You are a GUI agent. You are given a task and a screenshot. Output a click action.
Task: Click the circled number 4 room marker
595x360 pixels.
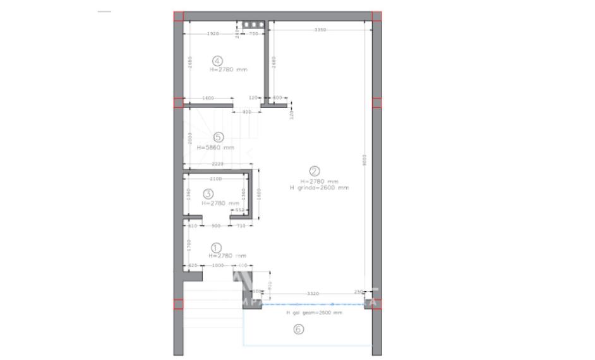point(217,61)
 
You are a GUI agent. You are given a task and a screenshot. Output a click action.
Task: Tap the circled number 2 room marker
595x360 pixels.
point(315,171)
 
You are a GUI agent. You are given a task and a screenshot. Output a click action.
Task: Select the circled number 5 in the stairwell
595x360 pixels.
point(217,137)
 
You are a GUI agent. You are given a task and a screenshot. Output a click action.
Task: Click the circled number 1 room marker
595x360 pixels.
point(215,248)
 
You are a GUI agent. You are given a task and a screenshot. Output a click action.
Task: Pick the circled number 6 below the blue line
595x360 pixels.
point(299,328)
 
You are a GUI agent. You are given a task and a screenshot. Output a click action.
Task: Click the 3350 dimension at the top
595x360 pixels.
point(320,30)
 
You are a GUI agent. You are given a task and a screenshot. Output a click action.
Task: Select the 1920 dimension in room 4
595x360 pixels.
point(213,33)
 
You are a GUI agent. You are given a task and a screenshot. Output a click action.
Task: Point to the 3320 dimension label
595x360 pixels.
point(312,294)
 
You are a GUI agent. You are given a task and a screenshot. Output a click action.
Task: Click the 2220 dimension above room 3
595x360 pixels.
point(217,164)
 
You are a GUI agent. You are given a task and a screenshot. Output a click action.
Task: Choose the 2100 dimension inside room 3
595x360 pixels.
point(215,179)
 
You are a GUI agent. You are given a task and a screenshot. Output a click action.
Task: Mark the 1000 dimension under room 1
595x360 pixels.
point(218,265)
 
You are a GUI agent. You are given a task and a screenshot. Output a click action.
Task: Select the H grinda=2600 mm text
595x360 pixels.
point(319,188)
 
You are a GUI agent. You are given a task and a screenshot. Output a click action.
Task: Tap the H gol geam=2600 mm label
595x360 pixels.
point(314,313)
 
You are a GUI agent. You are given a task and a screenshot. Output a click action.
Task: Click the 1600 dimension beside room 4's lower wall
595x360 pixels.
point(208,98)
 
